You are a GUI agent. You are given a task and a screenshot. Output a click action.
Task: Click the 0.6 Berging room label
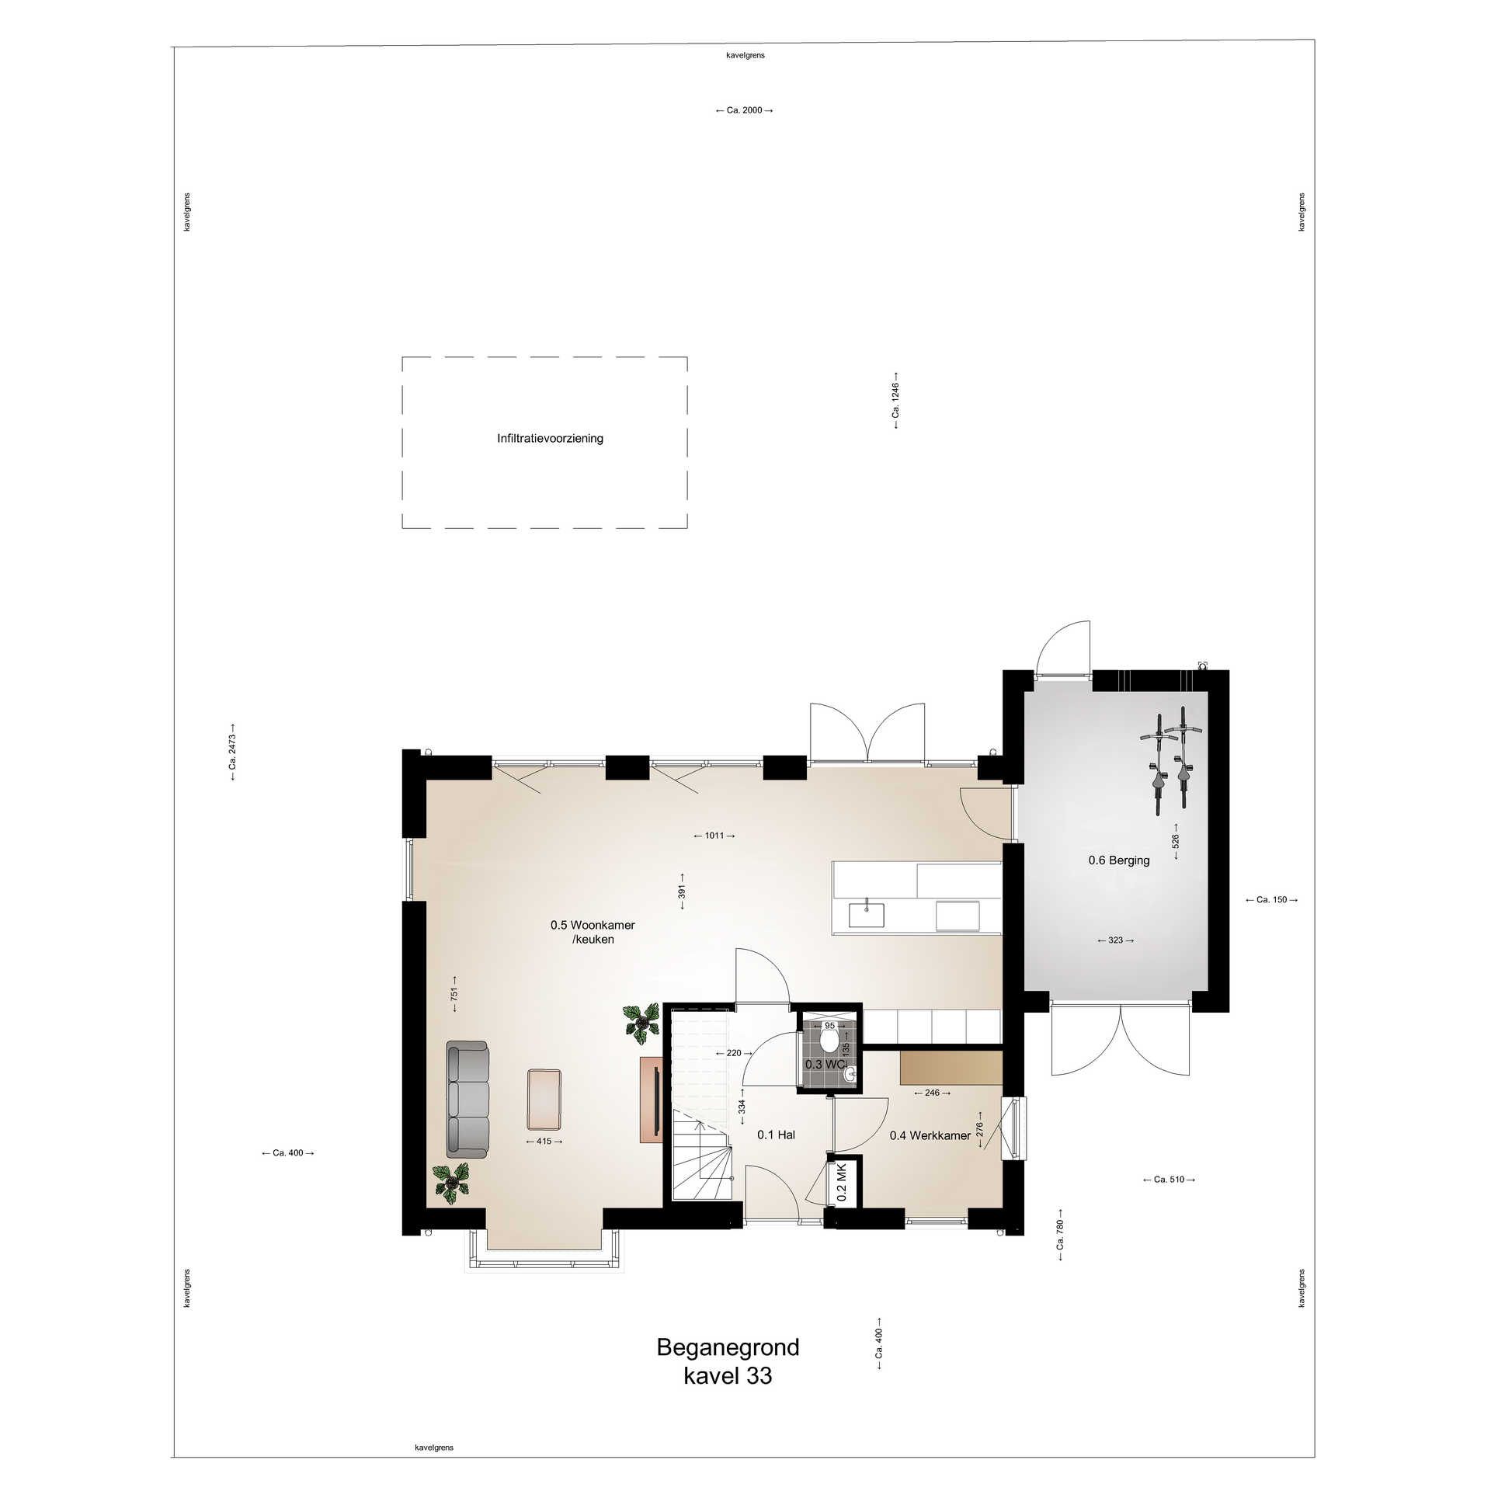[1118, 860]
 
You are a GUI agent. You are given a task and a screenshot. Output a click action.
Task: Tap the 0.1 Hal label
[776, 1135]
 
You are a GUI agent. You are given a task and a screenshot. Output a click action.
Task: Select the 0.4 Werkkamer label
[930, 1135]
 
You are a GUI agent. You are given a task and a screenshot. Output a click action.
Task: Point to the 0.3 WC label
[825, 1064]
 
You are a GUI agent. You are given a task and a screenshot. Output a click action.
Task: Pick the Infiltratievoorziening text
[550, 439]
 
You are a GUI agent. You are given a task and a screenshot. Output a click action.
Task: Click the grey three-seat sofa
[467, 1099]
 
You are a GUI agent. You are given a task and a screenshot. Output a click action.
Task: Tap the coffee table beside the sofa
[544, 1100]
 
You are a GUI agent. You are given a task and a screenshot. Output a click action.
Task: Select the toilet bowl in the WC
[829, 1039]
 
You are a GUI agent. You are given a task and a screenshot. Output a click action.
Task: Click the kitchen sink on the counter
[866, 915]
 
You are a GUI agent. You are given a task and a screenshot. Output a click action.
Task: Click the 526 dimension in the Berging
[1176, 841]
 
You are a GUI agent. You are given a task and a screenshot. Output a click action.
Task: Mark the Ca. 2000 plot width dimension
[744, 110]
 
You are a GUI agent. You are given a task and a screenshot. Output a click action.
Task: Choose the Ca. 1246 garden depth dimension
[895, 400]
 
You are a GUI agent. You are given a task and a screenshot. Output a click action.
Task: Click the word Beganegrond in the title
[728, 1347]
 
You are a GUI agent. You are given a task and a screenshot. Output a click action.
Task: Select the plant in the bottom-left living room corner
[451, 1183]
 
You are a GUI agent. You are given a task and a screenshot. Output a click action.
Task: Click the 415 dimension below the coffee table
[544, 1141]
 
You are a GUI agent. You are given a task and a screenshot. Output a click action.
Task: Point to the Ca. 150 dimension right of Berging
[1271, 900]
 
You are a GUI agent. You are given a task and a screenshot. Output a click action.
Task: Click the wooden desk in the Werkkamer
[951, 1068]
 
